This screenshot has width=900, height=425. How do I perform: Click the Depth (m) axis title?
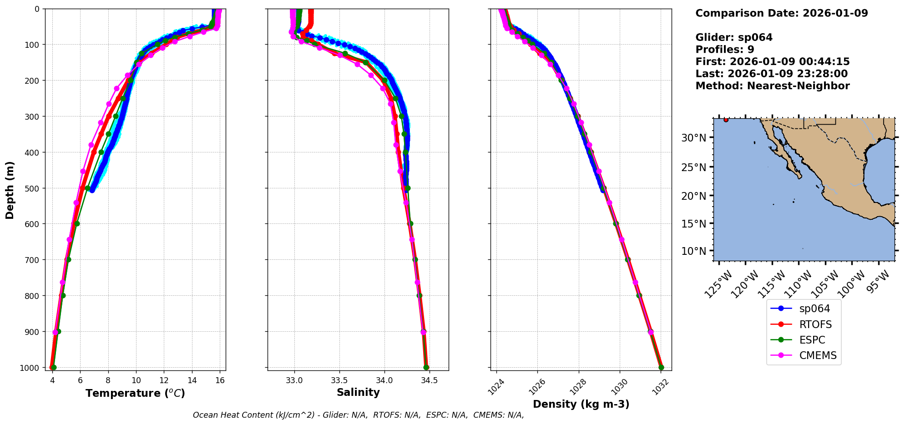pos(10,190)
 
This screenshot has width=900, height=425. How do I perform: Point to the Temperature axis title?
pos(135,393)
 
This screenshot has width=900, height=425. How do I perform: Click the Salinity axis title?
pos(358,392)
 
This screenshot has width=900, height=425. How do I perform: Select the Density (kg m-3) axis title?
pos(581,404)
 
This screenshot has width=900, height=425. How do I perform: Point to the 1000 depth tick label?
pos(30,368)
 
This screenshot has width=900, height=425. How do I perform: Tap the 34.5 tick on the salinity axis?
pos(429,380)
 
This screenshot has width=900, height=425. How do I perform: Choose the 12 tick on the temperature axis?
pos(164,380)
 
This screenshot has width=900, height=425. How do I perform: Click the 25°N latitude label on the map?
pos(693,167)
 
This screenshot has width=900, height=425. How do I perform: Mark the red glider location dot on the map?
pos(726,120)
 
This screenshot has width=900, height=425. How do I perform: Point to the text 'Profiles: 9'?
pos(724,50)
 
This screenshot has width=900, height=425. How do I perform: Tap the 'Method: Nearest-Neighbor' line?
pos(772,86)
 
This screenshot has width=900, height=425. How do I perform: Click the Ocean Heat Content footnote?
pos(358,415)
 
